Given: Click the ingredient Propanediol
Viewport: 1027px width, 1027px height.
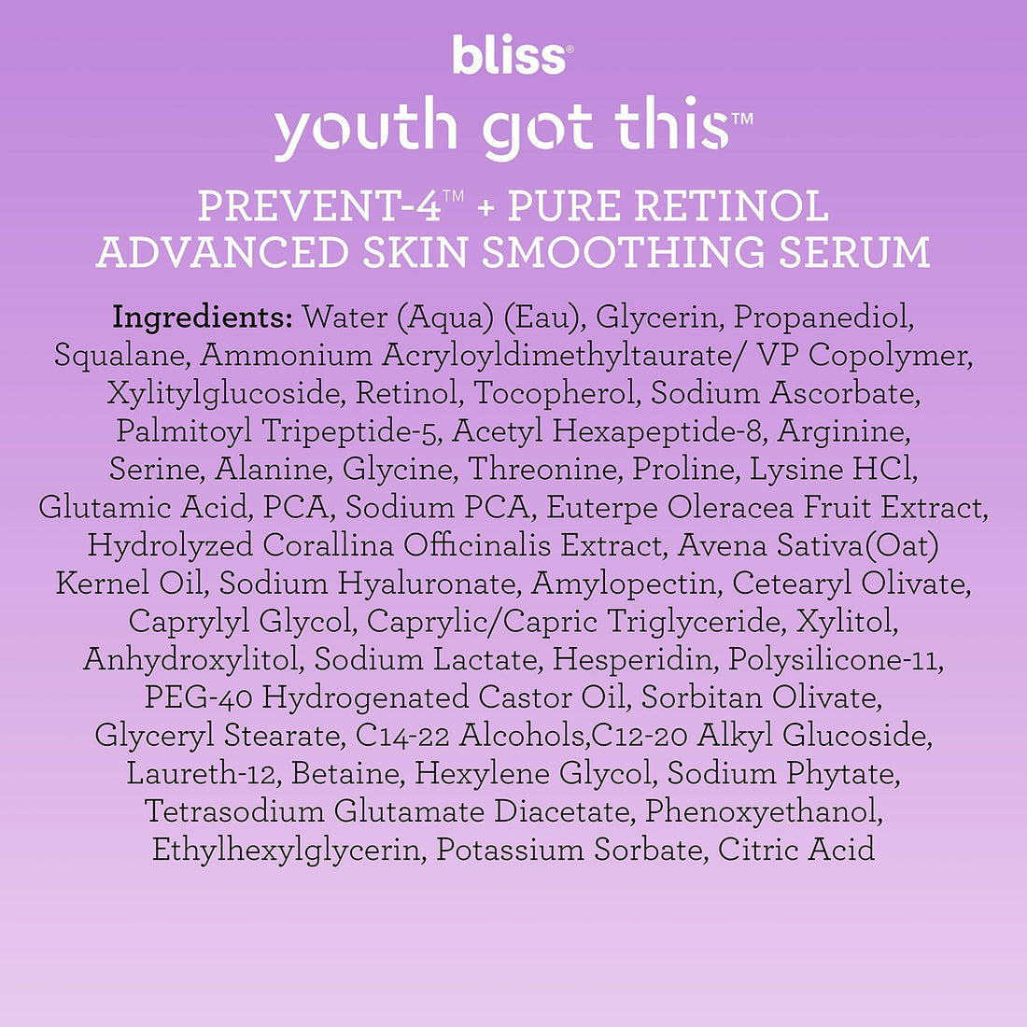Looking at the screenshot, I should (x=822, y=317).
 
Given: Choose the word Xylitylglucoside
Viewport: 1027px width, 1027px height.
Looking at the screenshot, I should (x=224, y=394).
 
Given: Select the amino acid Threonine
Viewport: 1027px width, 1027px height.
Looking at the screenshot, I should (x=542, y=470).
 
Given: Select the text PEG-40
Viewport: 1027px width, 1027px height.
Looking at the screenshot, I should (x=198, y=697).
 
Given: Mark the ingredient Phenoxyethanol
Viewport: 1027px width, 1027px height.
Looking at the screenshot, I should (x=763, y=811).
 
